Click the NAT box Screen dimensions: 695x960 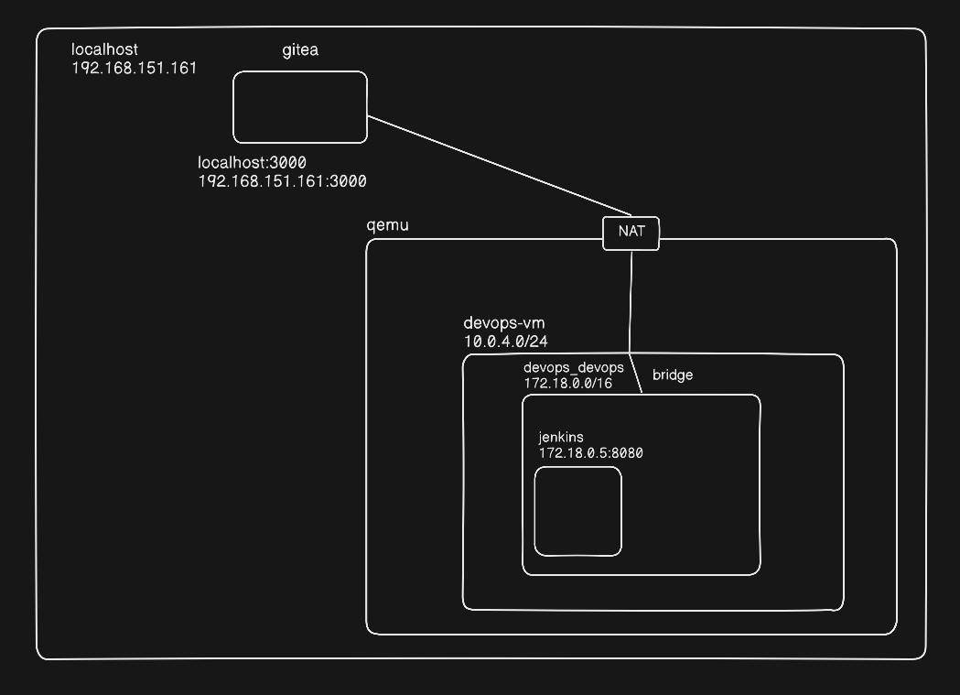[631, 233]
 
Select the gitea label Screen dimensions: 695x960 [300, 49]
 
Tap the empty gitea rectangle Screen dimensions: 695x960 [300, 107]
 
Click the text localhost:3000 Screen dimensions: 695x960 [252, 163]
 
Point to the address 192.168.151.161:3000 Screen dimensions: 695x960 [282, 181]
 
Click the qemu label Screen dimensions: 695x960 [387, 225]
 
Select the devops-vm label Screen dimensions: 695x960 [504, 323]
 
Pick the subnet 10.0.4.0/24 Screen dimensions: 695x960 [507, 341]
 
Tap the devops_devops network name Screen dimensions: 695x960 [574, 367]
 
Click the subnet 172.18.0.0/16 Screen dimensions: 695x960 [567, 383]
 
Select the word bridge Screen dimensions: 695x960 [673, 375]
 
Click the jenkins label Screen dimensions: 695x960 [561, 437]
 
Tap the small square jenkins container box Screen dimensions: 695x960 [577, 511]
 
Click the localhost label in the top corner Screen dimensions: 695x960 [104, 49]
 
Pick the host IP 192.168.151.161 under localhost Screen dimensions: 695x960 [134, 68]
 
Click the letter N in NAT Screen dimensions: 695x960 [622, 232]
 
